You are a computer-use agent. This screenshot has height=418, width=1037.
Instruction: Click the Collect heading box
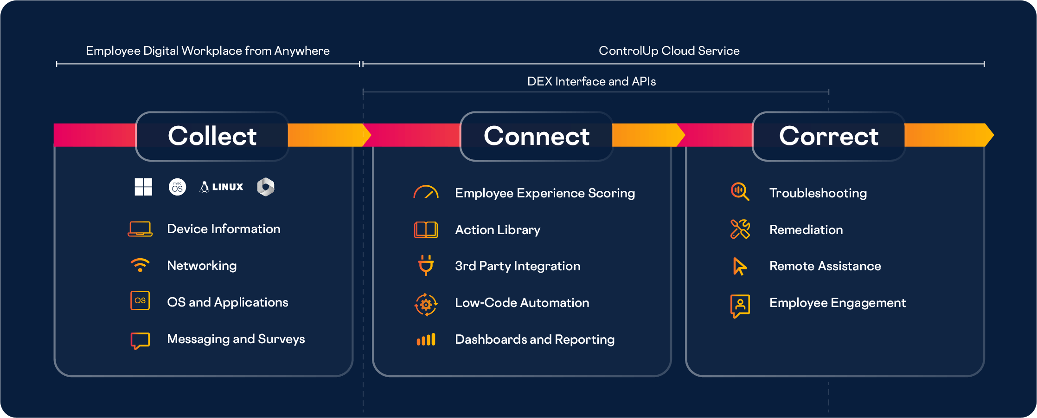click(212, 136)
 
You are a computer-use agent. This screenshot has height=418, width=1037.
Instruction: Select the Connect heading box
click(537, 136)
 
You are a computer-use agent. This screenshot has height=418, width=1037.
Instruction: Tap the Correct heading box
click(828, 136)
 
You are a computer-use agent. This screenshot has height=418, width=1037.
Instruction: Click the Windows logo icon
click(143, 187)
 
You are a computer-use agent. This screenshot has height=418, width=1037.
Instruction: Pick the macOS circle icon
click(177, 187)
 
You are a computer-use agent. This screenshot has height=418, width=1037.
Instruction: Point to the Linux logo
click(221, 187)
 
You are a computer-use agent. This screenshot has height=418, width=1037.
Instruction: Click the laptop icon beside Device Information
click(140, 229)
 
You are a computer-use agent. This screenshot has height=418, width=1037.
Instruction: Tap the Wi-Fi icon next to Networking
click(140, 265)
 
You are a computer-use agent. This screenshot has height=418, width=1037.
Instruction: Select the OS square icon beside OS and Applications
click(140, 300)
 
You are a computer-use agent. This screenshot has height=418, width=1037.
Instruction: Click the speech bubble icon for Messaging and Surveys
click(140, 340)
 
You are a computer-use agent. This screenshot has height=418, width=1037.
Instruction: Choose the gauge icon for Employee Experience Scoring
click(426, 192)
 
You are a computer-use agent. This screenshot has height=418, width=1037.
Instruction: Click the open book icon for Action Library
click(426, 229)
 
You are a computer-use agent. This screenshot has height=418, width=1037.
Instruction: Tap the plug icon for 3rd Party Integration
click(426, 265)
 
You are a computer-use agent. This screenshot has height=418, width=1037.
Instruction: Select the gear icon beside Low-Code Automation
click(426, 305)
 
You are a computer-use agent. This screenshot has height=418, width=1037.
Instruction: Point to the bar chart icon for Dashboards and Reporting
click(426, 340)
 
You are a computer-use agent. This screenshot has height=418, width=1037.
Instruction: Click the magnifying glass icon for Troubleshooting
click(740, 191)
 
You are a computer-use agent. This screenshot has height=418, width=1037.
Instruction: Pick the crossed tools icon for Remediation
click(740, 229)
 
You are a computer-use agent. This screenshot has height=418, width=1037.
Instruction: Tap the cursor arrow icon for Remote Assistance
click(739, 266)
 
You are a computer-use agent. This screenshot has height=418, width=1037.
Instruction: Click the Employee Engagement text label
click(837, 303)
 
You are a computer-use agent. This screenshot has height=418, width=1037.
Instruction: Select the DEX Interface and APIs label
click(591, 81)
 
